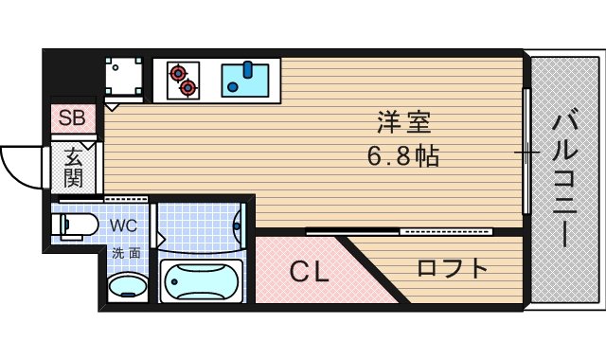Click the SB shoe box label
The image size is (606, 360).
click(72, 118)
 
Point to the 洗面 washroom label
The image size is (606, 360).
click(125, 253)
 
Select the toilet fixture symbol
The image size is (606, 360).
click(76, 225)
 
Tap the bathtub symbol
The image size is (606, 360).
click(201, 282)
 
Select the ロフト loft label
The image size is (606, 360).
click(453, 268)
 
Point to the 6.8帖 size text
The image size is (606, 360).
click(403, 156)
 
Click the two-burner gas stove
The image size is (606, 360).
click(182, 79)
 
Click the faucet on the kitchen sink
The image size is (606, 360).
click(247, 68)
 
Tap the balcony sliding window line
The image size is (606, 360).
click(525, 152)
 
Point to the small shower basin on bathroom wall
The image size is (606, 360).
click(238, 224)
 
